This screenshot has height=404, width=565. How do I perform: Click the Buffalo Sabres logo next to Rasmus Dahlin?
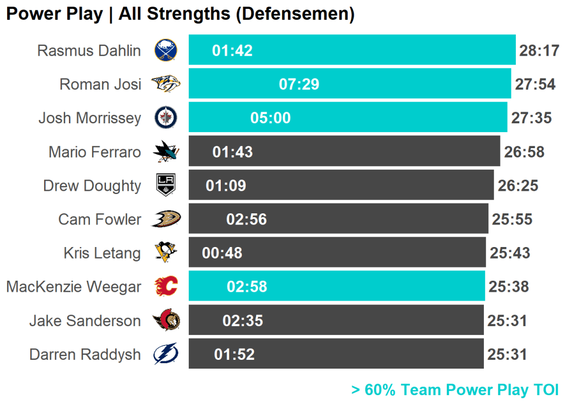click(x=165, y=50)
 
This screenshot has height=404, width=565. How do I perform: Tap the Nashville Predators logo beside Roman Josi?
click(x=165, y=84)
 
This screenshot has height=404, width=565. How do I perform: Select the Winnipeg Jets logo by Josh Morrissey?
click(x=165, y=118)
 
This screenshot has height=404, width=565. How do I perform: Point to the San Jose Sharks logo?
click(x=165, y=151)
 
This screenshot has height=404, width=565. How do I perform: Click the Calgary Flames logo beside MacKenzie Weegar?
click(x=165, y=286)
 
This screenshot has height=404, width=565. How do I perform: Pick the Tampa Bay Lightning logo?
click(x=165, y=354)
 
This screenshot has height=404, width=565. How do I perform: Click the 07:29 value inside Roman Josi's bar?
click(x=299, y=84)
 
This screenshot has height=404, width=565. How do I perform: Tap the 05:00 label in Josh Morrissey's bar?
click(x=270, y=118)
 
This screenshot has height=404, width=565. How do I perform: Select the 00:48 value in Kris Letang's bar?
click(x=222, y=253)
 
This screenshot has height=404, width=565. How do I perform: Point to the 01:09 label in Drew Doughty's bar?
click(x=226, y=186)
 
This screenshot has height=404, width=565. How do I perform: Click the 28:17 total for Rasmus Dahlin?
click(x=539, y=51)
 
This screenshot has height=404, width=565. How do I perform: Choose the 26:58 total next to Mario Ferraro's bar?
click(x=524, y=152)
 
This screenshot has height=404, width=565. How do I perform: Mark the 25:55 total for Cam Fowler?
click(x=512, y=219)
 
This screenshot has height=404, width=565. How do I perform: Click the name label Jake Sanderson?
click(x=85, y=321)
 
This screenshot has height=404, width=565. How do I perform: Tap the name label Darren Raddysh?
click(x=85, y=354)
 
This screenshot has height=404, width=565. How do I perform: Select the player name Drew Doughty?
click(x=92, y=186)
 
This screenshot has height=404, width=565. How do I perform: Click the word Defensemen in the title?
click(x=295, y=14)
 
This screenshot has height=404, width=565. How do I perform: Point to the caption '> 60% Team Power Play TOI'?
click(x=455, y=390)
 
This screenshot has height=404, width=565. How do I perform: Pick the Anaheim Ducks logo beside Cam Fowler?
click(x=165, y=219)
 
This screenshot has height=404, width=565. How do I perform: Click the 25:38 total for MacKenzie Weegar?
click(x=508, y=287)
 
